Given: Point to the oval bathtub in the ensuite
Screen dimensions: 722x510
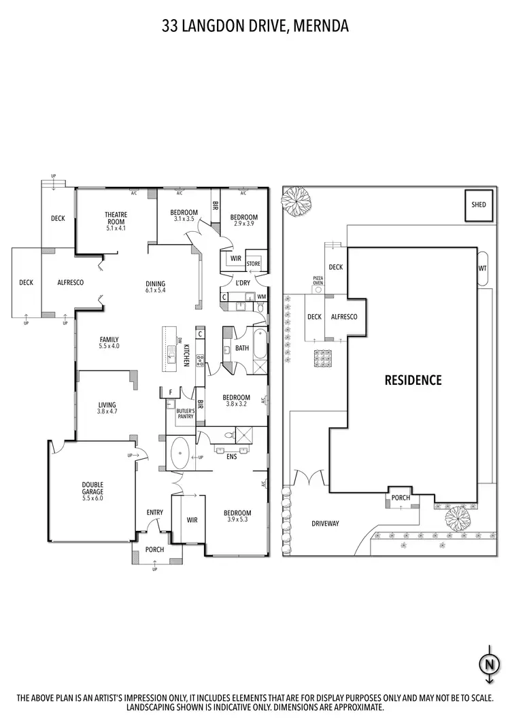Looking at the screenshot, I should coord(180,453).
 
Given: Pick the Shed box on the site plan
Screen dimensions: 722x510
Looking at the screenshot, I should coord(479,205).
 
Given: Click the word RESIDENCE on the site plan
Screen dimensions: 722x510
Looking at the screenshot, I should coord(413,380).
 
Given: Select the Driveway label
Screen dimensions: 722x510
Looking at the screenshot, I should coord(325,523).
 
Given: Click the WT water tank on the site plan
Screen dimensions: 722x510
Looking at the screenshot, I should coord(483,269).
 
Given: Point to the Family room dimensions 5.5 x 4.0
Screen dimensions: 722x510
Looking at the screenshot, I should coord(109,347).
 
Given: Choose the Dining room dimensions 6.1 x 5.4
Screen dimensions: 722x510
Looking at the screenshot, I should coord(156,290).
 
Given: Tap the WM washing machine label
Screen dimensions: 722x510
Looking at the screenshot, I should coord(261,296).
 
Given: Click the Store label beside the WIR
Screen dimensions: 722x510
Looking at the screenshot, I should coord(253,264).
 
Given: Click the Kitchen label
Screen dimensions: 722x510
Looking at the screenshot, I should coord(186,356).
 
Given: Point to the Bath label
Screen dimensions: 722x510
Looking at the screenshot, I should coord(242,348).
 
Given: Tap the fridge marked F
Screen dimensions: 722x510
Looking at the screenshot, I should coord(170,392).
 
